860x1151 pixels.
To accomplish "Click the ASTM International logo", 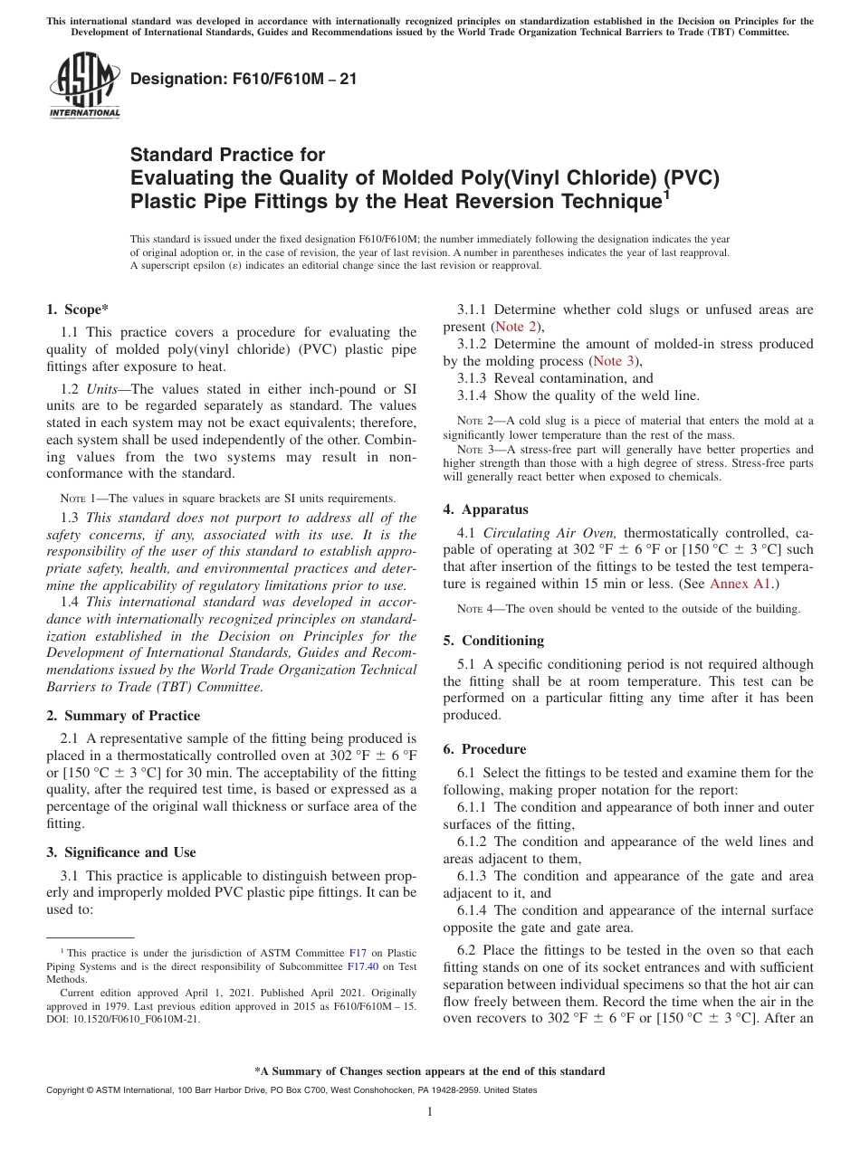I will (84, 85).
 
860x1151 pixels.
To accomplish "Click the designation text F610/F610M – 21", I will (244, 79).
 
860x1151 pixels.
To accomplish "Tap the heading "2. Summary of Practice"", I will (123, 716).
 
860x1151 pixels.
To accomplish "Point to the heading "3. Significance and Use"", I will (120, 852).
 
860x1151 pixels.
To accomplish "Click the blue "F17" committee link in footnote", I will (358, 953).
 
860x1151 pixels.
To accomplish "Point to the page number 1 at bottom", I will (430, 1111).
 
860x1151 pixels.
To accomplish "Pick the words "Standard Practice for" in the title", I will (227, 155).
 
